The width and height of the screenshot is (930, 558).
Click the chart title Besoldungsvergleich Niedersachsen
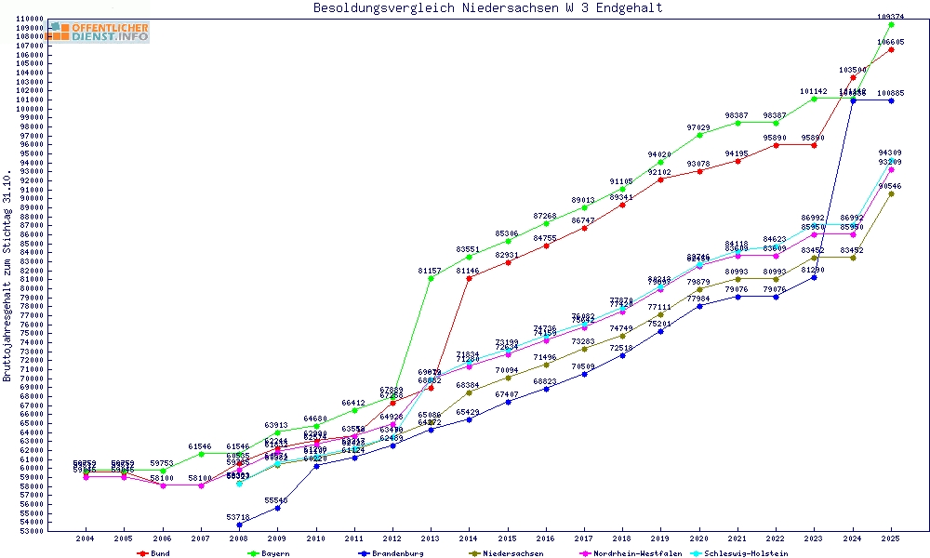pos(488,8)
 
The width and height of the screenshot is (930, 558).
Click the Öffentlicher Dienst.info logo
pos(99,32)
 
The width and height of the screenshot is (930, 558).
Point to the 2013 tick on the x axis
pos(431,538)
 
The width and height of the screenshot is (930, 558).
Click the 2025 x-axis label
pos(891,538)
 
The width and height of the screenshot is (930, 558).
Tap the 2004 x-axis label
pos(86,538)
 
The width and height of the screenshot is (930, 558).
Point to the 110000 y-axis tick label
pos(30,19)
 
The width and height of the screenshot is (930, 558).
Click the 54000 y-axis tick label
pos(33,523)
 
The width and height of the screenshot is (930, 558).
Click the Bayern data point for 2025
pos(891,24)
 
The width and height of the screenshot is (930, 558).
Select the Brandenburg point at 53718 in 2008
pos(239,525)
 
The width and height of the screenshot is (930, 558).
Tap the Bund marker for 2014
pos(469,278)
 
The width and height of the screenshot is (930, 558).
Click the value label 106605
pos(891,42)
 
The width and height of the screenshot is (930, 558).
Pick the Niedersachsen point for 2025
pos(891,193)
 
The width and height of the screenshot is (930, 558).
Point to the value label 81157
pos(431,271)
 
